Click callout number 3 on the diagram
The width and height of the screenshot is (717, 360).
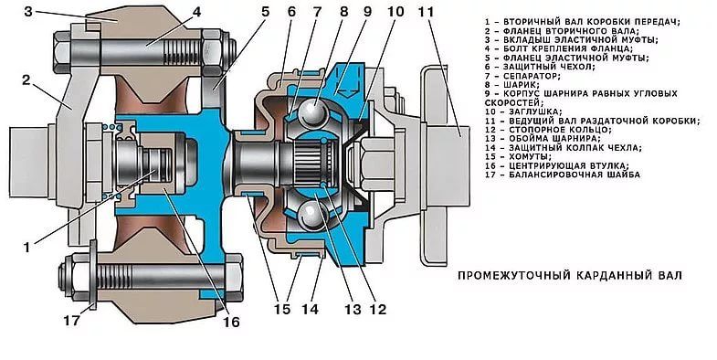click(28, 12)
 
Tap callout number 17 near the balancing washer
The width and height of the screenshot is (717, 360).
click(72, 321)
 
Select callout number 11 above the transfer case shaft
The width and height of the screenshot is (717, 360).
click(426, 12)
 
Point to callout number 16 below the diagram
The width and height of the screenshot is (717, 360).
click(231, 322)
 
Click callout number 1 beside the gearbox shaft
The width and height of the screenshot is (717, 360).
click(27, 248)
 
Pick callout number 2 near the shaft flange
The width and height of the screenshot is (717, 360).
click(26, 80)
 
